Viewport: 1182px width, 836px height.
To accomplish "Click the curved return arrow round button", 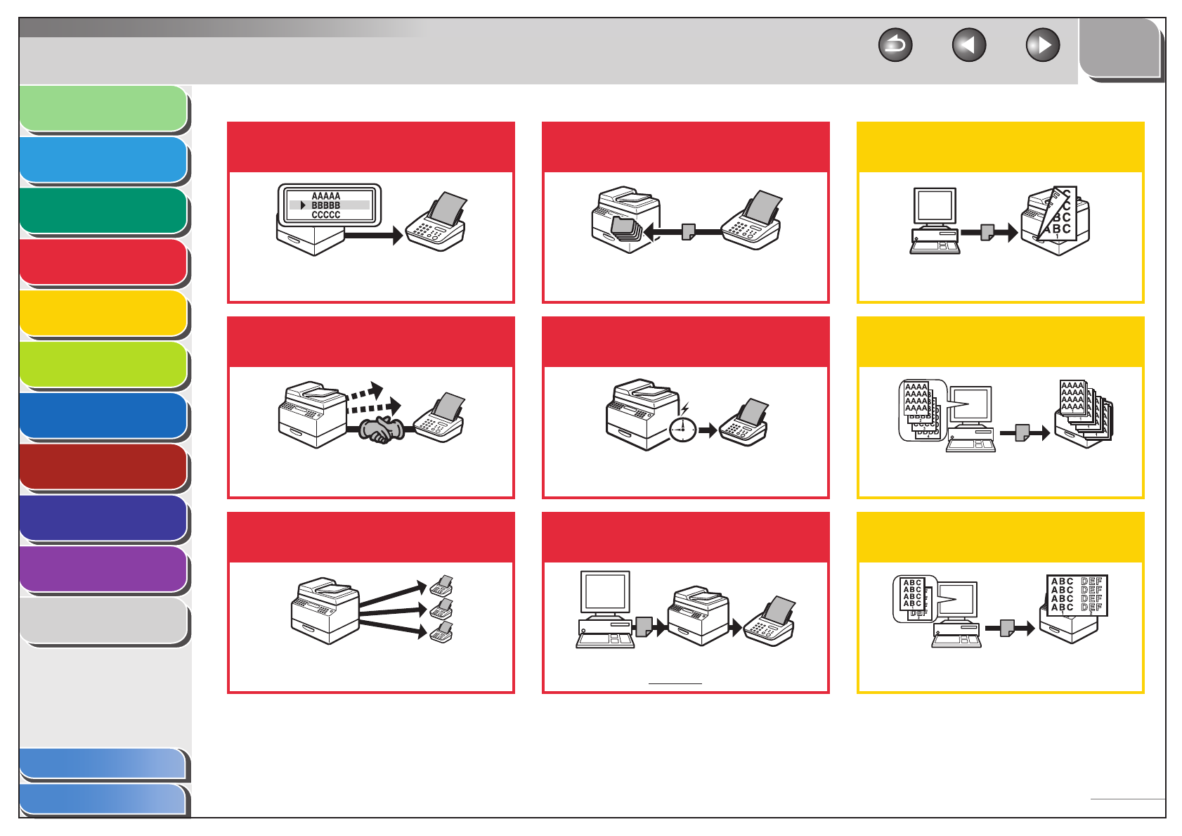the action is pyautogui.click(x=895, y=46).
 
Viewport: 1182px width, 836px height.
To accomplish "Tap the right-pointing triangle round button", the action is pyautogui.click(x=1043, y=46).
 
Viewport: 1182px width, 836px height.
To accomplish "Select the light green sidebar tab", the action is pyautogui.click(x=103, y=109).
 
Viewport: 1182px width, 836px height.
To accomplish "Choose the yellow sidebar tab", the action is pyautogui.click(x=103, y=314).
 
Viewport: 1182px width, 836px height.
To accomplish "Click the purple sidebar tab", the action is pyautogui.click(x=103, y=570).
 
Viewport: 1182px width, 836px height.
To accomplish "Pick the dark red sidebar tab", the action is pyautogui.click(x=103, y=467).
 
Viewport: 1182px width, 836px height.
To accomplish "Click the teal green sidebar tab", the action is pyautogui.click(x=103, y=211).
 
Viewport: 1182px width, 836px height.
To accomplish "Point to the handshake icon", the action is pyautogui.click(x=381, y=430).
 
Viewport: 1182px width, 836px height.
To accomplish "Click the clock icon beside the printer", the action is pyautogui.click(x=682, y=429).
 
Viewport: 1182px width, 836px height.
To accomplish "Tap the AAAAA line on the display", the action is pyautogui.click(x=326, y=196).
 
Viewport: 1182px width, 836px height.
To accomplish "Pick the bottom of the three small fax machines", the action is pyautogui.click(x=442, y=632).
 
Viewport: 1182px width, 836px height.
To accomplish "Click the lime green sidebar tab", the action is pyautogui.click(x=103, y=365).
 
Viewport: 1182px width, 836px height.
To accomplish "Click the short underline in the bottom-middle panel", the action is pyautogui.click(x=675, y=683).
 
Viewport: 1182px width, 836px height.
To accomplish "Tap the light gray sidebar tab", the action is pyautogui.click(x=103, y=621).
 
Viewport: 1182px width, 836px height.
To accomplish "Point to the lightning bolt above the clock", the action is pyautogui.click(x=685, y=409).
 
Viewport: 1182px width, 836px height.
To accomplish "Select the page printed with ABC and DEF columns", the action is pyautogui.click(x=1077, y=595).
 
